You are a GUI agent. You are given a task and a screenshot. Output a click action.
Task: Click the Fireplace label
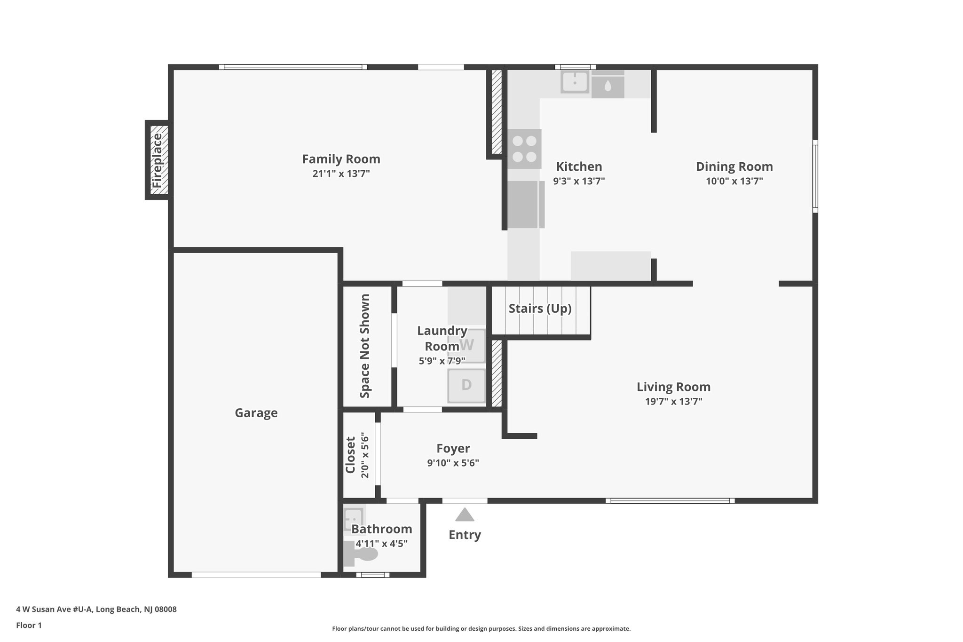(157, 160)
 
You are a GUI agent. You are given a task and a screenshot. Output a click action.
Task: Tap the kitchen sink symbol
(575, 82)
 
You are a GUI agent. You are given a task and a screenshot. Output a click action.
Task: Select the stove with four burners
(524, 149)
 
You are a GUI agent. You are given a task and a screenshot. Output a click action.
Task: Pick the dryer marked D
(466, 385)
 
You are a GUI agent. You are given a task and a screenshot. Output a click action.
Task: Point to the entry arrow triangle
(465, 515)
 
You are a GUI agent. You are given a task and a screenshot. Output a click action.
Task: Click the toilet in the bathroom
(362, 555)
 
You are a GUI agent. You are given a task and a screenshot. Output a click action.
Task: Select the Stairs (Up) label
(540, 309)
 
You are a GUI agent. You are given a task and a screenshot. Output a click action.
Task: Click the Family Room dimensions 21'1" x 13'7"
(341, 174)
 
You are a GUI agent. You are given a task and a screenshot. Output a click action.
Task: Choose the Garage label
(256, 413)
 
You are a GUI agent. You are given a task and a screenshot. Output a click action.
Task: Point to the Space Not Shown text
(365, 346)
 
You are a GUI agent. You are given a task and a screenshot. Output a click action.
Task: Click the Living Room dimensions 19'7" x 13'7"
(673, 401)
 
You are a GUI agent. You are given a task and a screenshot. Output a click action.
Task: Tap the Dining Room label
(734, 166)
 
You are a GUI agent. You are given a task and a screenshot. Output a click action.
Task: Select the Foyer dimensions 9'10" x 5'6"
(453, 463)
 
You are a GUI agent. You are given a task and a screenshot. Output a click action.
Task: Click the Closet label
(350, 455)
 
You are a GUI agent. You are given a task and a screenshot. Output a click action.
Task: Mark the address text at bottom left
(96, 609)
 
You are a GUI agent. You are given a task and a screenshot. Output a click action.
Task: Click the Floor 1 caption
(29, 625)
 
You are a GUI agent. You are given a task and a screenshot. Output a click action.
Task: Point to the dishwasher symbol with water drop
(608, 86)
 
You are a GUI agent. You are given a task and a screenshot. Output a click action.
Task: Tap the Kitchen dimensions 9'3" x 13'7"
(578, 181)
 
